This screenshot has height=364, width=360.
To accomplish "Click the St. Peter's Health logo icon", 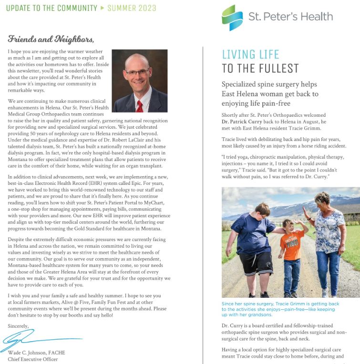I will [232, 17].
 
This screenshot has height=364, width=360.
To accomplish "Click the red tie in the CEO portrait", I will [139, 104].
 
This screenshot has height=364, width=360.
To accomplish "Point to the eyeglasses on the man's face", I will [138, 72].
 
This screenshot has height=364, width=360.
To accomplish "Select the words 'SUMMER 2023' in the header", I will [132, 8].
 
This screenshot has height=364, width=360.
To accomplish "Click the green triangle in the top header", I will [102, 8].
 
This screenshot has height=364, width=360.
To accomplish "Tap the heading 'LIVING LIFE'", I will [250, 54].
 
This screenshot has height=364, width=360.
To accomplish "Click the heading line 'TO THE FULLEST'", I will [260, 68].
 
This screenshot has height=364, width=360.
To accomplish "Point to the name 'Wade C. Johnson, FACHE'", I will [36, 353].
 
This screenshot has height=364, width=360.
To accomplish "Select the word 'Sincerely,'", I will [19, 325].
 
